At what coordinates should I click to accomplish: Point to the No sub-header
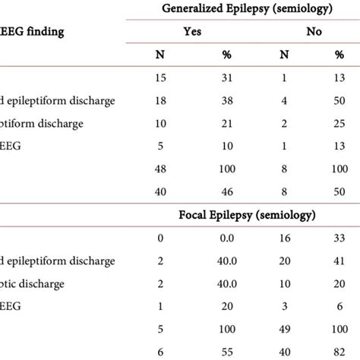[x=313, y=32]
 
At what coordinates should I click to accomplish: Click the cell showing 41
[x=339, y=261]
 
